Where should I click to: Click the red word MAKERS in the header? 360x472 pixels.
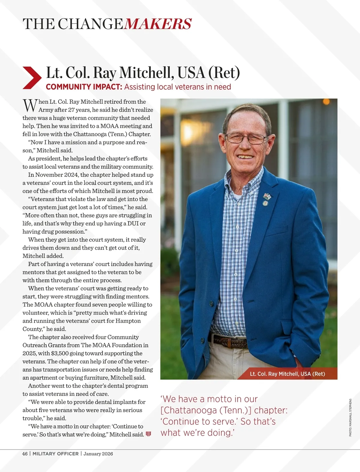pyautogui.click(x=157, y=24)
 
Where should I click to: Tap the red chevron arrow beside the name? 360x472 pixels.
pyautogui.click(x=31, y=78)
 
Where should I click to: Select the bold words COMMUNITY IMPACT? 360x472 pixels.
pyautogui.click(x=84, y=87)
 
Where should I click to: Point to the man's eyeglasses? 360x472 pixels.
pyautogui.click(x=246, y=138)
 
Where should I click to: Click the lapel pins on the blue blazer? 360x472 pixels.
pyautogui.click(x=266, y=199)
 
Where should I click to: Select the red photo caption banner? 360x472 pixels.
pyautogui.click(x=287, y=374)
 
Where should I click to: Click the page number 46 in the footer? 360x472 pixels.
pyautogui.click(x=25, y=454)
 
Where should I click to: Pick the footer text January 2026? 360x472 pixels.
pyautogui.click(x=98, y=454)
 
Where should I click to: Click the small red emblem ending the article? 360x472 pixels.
pyautogui.click(x=148, y=434)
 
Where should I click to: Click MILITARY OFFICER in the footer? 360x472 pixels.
pyautogui.click(x=55, y=454)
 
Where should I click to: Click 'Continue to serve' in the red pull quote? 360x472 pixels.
pyautogui.click(x=199, y=421)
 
